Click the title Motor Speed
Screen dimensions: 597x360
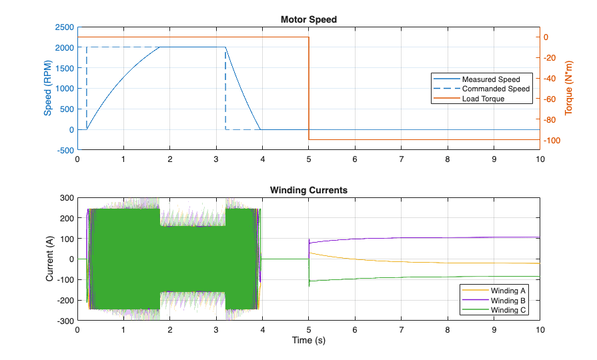tap(308, 19)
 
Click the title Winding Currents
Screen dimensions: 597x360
tap(308, 190)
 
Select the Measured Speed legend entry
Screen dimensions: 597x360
tap(482, 79)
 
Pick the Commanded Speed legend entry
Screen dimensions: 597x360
tap(482, 89)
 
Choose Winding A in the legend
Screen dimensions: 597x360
tap(494, 291)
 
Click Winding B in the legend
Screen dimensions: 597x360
tap(494, 301)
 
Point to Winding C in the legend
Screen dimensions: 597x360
tap(494, 310)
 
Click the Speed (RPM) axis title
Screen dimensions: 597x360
tap(47, 88)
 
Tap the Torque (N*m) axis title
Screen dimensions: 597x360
tap(568, 88)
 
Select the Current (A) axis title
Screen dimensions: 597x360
tap(49, 259)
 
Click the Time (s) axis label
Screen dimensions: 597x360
tap(308, 340)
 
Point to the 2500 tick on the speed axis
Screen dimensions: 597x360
tap(64, 27)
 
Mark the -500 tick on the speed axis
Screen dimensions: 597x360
tap(65, 150)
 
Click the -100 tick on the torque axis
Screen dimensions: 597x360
tap(552, 141)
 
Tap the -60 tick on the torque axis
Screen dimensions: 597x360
tap(550, 99)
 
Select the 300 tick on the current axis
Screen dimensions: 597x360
tap(67, 198)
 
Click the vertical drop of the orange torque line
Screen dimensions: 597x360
tap(309, 88)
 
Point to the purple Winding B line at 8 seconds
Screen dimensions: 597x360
tap(448, 238)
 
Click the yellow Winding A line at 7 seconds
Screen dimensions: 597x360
tap(402, 262)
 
